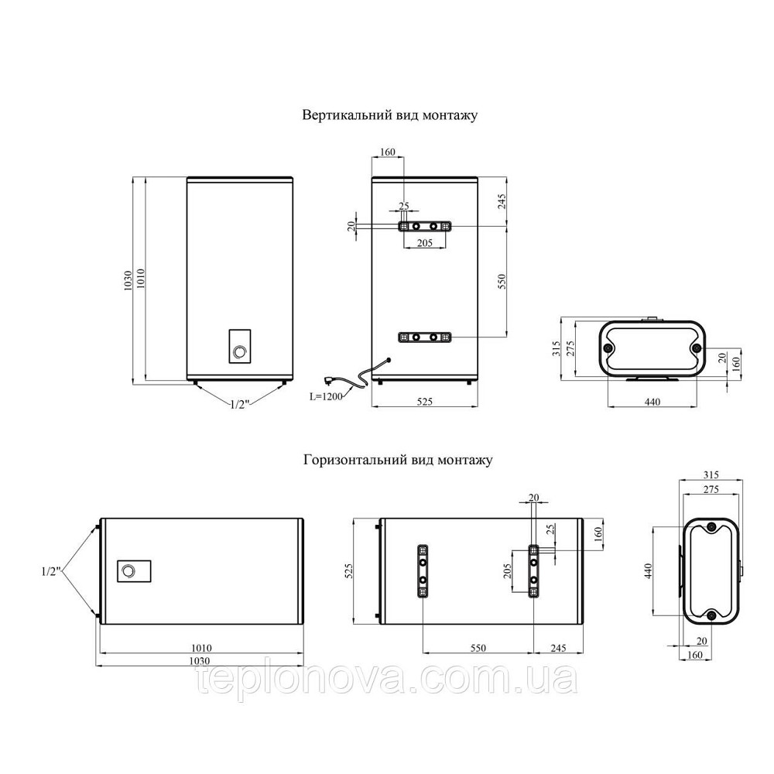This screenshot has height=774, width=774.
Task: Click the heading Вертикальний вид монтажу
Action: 389,115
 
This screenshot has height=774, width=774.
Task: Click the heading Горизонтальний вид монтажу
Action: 398,460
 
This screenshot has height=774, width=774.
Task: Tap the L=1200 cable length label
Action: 326,396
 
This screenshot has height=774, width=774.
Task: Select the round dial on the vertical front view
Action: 240,352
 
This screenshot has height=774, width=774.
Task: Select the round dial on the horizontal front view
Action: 128,571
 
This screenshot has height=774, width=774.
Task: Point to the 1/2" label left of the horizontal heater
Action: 51,572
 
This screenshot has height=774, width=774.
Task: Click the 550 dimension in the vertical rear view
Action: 502,282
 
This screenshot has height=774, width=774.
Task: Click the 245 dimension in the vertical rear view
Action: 502,201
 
